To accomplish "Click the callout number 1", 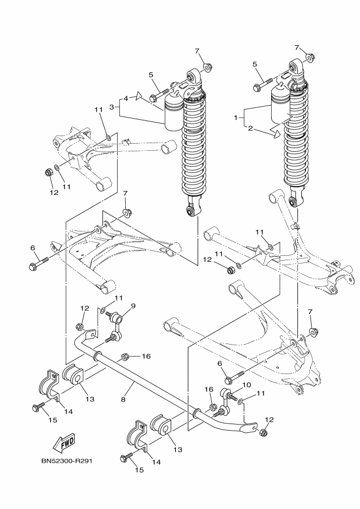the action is pos(236,118).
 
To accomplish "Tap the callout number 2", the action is pos(251,128).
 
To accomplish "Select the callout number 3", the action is pos(112,107).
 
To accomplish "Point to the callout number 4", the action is pos(126,97).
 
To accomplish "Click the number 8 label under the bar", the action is pos(123,400).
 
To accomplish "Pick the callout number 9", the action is pos(133,305).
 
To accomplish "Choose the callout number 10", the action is pos(246,385).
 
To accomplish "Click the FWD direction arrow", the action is pos(64,444).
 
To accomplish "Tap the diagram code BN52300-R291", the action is pos(67,461).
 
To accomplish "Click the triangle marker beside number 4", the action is pos(139,96).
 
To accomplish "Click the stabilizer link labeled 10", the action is pos(223,402).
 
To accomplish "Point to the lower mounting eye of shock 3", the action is pos(192,210).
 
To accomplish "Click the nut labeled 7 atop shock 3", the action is pos(207,68).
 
